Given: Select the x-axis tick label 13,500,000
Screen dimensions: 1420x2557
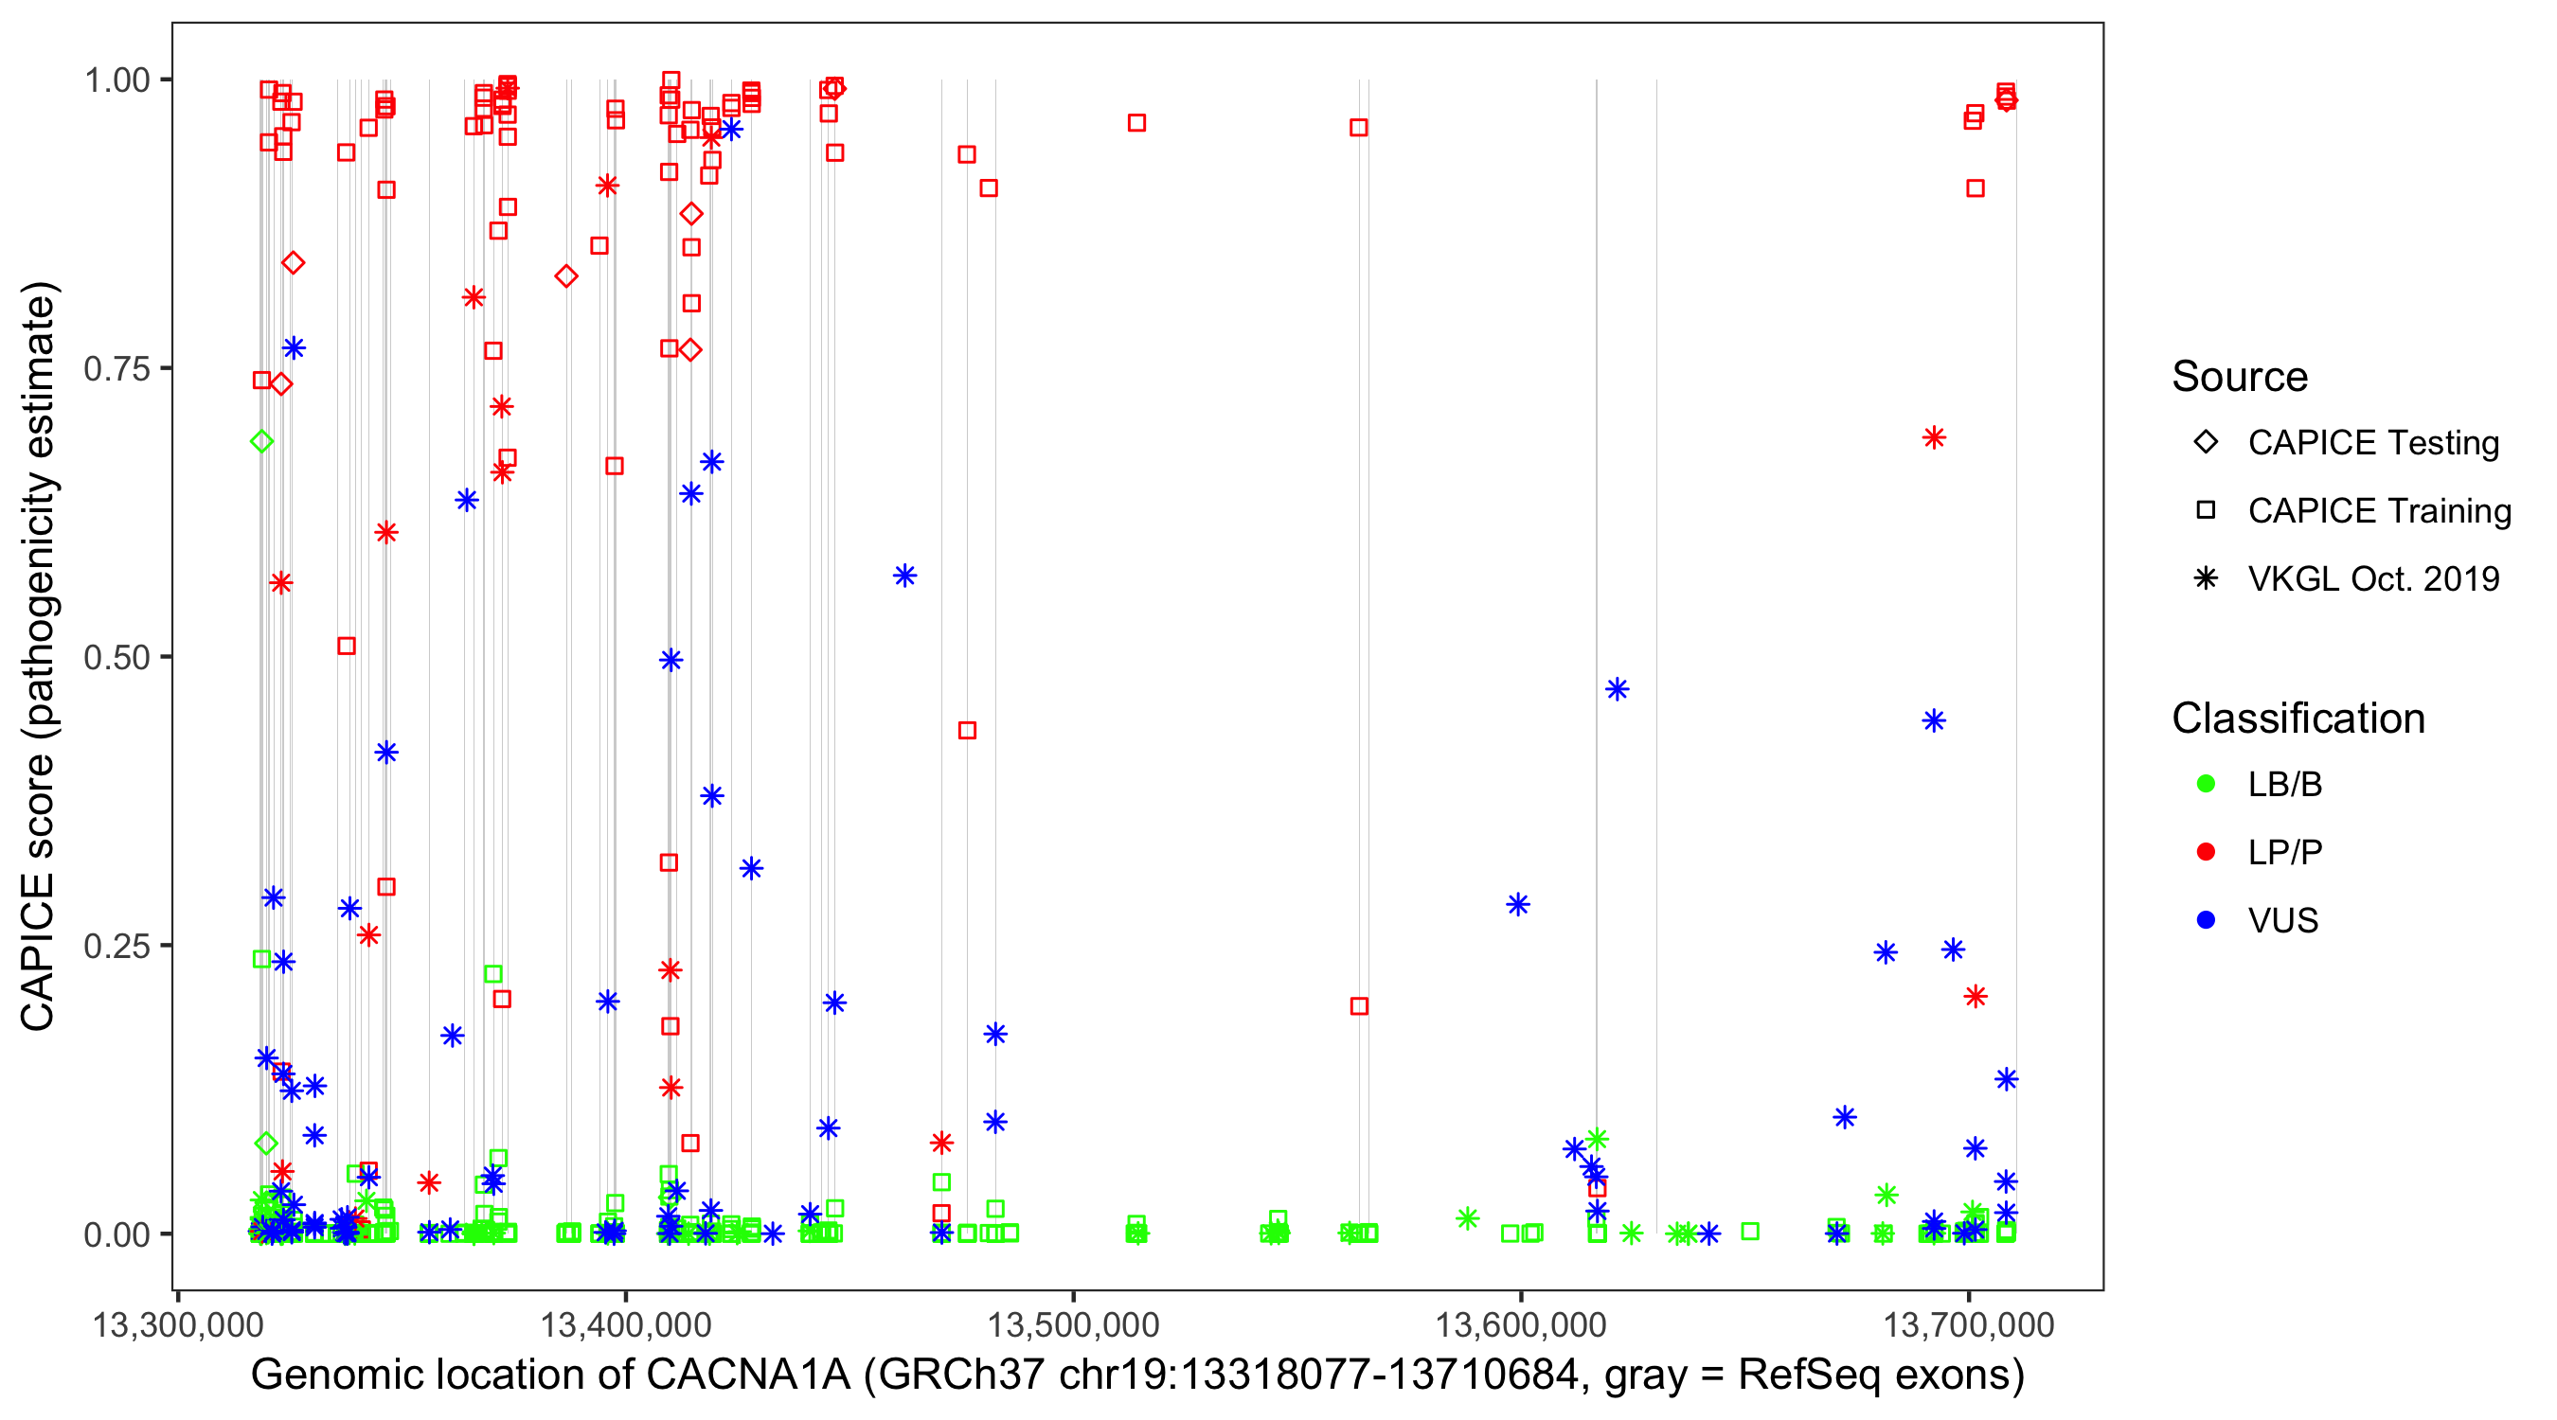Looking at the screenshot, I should (1073, 1324).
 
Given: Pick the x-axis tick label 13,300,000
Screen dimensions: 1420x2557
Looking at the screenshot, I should (178, 1324).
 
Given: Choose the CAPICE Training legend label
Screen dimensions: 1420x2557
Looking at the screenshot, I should (2379, 511).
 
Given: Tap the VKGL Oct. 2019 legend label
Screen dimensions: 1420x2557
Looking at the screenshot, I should (2373, 579).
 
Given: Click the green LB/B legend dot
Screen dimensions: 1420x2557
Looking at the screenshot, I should (2206, 784).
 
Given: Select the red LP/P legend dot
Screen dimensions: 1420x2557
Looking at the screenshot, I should (2206, 852).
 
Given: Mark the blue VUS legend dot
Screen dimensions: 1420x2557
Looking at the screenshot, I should (2206, 920).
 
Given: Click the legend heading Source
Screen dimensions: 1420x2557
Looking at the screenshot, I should (2240, 377).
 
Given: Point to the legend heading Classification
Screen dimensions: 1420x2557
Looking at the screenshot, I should (2298, 719).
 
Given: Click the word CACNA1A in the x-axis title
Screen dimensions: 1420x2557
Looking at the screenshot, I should (748, 1376).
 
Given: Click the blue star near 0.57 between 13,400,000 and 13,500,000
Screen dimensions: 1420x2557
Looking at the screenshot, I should (904, 576).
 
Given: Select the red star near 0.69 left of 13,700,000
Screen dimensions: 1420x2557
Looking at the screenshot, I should (1934, 437).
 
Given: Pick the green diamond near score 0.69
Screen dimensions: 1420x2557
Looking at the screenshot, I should (262, 441).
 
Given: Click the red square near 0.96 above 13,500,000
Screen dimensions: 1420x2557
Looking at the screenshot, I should (1136, 123).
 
